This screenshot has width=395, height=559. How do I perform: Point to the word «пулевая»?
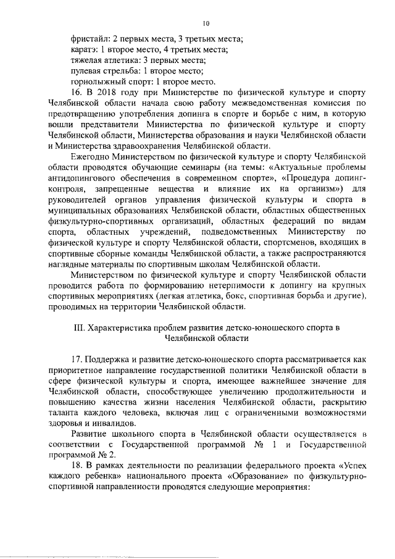click(88, 72)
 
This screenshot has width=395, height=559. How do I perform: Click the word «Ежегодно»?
click(92, 157)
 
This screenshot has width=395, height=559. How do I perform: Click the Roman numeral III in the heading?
click(78, 327)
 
